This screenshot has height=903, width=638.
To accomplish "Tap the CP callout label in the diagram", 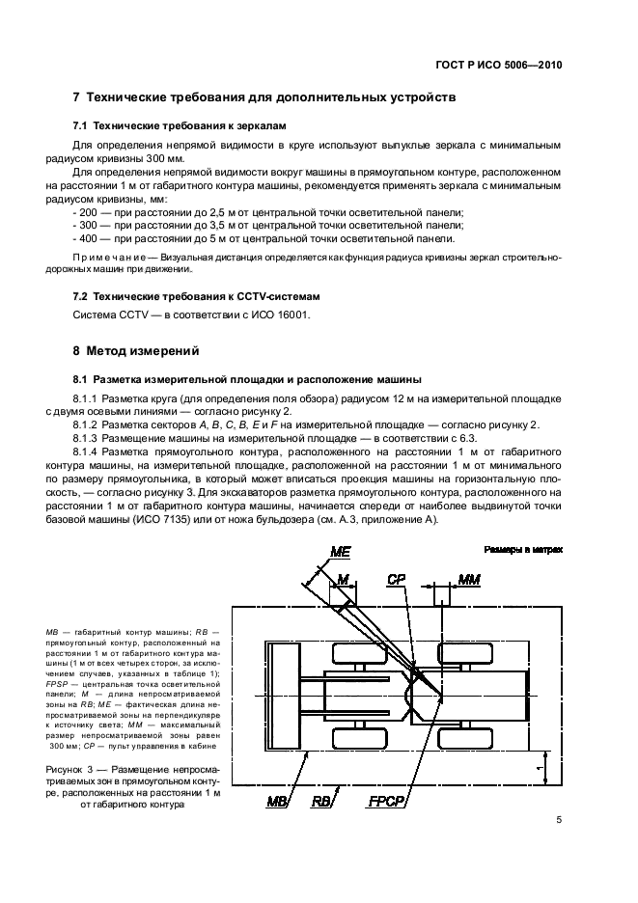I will tap(397, 579).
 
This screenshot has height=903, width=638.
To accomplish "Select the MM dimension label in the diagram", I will tap(468, 579).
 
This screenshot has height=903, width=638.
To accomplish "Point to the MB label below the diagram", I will tap(278, 800).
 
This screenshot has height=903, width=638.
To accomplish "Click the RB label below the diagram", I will tap(320, 800).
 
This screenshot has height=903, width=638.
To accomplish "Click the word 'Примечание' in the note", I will tap(103, 258).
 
